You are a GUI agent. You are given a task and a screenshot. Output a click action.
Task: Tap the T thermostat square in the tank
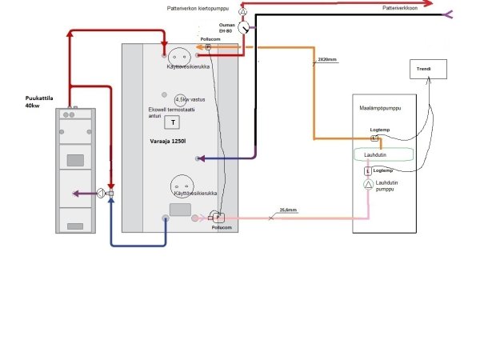[172, 122]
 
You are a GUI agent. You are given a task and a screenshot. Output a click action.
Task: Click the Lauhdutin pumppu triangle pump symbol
[369, 185]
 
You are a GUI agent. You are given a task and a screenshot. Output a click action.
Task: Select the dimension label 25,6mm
[288, 211]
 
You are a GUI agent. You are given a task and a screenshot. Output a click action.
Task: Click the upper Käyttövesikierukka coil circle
[179, 57]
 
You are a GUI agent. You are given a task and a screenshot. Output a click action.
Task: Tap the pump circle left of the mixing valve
[101, 193]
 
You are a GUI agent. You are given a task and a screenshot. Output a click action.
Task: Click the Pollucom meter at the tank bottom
[218, 216]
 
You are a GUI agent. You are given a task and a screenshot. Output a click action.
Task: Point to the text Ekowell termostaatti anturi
[166, 113]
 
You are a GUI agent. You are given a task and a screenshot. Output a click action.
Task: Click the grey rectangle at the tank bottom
[180, 210]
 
